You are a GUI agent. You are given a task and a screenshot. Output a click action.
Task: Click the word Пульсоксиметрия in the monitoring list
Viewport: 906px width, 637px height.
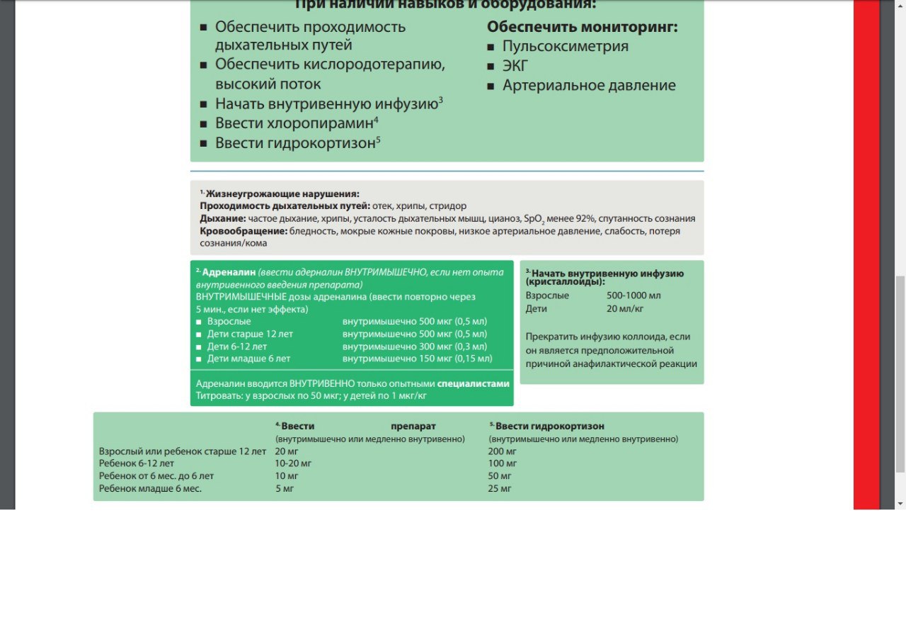(x=565, y=47)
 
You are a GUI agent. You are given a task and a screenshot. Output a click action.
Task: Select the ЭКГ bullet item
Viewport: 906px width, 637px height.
(x=515, y=67)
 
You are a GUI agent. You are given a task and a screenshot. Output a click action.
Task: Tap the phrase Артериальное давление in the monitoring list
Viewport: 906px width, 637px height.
(x=589, y=86)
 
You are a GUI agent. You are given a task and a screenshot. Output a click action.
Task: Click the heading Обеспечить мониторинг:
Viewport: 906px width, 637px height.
(x=583, y=27)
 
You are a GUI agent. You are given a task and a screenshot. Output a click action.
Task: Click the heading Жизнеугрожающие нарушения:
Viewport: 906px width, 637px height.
(x=282, y=193)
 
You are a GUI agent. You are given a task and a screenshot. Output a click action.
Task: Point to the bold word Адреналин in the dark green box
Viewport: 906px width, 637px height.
(x=229, y=271)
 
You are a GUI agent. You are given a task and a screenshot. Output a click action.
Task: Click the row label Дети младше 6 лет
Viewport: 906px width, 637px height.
(x=248, y=359)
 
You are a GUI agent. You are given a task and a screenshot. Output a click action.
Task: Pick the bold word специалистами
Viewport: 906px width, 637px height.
(x=473, y=384)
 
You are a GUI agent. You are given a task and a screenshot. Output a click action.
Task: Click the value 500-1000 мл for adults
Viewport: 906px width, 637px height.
(x=633, y=295)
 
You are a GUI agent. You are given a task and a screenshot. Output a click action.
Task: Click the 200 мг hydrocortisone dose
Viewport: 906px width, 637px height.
(x=502, y=451)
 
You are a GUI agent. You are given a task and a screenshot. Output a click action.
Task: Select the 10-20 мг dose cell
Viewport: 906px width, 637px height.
(x=293, y=463)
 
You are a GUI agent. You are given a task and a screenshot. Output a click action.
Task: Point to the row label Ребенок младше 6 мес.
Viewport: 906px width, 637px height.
(x=150, y=488)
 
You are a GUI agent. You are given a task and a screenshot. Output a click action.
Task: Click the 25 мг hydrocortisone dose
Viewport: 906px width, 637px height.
(x=499, y=488)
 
